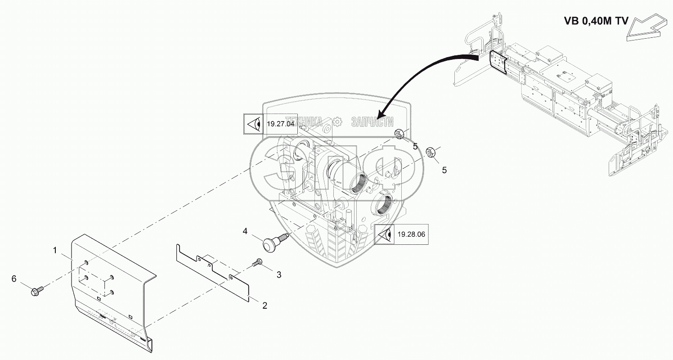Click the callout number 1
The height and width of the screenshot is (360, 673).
point(55,251)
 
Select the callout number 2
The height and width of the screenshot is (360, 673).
point(265,305)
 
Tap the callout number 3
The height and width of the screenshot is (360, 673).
point(278,274)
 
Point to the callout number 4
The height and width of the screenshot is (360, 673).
point(245,231)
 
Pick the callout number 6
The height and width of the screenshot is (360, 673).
point(14,279)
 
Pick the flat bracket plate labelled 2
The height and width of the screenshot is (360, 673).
point(211,273)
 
